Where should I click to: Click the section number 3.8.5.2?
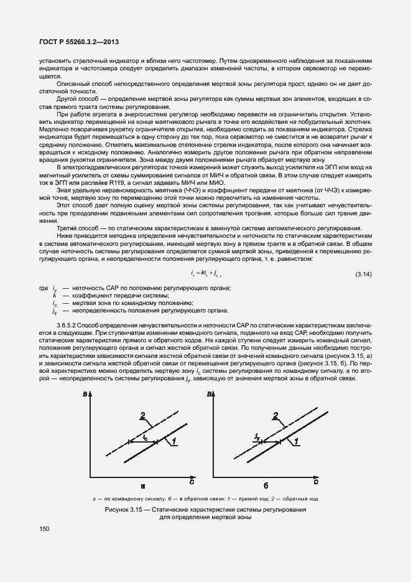71,325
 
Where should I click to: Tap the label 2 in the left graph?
143,415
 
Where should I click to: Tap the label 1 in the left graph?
175,440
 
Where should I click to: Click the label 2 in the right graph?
275,415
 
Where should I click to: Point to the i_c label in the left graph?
145,438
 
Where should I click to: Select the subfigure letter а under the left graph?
142,486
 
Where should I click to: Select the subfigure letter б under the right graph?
266,486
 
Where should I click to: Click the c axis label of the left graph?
191,481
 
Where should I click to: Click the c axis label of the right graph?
316,481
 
